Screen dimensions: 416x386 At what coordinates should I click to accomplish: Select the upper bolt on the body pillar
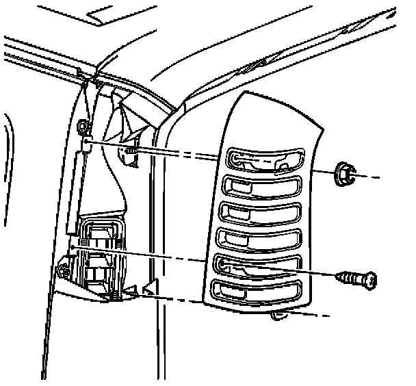[84, 128]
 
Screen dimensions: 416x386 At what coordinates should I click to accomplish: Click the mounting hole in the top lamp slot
[235, 160]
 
